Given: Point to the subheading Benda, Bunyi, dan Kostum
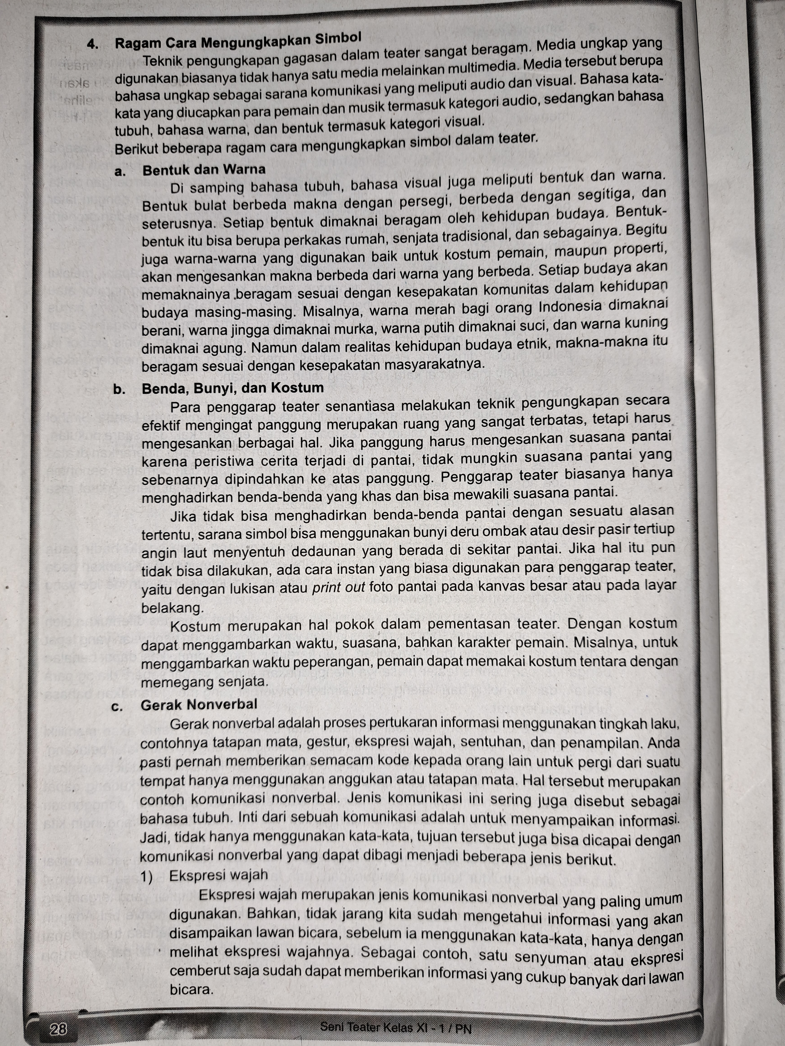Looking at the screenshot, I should (x=233, y=388).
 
